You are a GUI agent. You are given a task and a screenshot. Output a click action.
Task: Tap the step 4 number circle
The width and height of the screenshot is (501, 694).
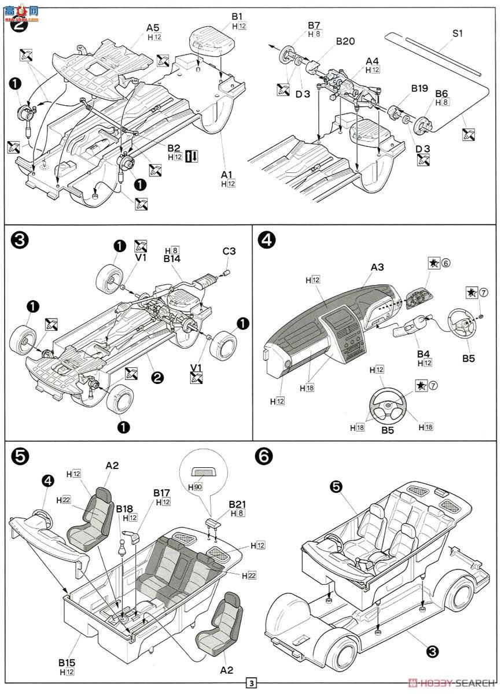pos(267,241)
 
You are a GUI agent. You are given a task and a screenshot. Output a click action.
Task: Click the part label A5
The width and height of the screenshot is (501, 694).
pos(153,27)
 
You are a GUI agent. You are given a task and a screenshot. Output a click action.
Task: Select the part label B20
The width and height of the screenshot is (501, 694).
pos(345,41)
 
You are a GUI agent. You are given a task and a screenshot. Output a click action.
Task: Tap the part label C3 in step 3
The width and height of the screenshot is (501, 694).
pos(230,252)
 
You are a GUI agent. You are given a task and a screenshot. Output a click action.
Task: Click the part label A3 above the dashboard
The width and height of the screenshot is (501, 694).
pos(377,267)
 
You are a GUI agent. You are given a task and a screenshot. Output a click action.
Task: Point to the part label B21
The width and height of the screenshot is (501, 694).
pos(237,504)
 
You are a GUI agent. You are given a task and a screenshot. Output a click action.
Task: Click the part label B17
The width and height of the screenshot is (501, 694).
pos(161,492)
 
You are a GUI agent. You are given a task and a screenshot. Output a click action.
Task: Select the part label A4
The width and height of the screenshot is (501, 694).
pos(372,60)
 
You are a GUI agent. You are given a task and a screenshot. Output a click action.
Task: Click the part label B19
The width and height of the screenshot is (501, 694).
pos(419,88)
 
